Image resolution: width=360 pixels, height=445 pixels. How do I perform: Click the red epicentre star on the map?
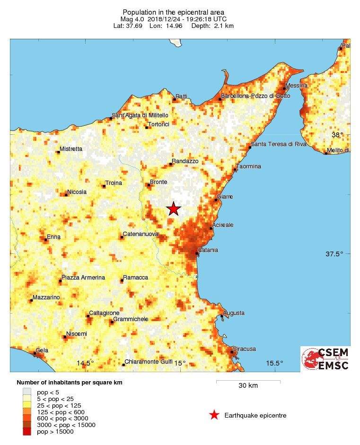point(174,209)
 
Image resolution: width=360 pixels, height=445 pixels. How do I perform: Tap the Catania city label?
point(208,250)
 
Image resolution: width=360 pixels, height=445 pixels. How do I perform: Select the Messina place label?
point(297,86)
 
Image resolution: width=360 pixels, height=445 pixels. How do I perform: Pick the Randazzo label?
point(185,161)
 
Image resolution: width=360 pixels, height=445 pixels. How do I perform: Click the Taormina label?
point(249,166)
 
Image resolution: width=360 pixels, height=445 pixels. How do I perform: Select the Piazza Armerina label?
point(83,278)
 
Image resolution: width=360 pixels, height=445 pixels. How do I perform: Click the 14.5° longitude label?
point(85,363)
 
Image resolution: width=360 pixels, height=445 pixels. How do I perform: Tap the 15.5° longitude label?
point(274,363)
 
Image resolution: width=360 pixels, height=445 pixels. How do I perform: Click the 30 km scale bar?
point(248,381)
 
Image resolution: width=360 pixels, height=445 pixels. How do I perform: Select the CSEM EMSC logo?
point(325,358)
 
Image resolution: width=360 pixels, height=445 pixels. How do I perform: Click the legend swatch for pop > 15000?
point(27,431)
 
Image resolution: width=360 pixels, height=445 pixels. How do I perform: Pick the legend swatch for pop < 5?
point(27,392)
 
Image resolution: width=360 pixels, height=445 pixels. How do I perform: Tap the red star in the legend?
point(214,415)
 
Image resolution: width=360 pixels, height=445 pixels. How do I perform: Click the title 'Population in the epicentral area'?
point(173,12)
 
